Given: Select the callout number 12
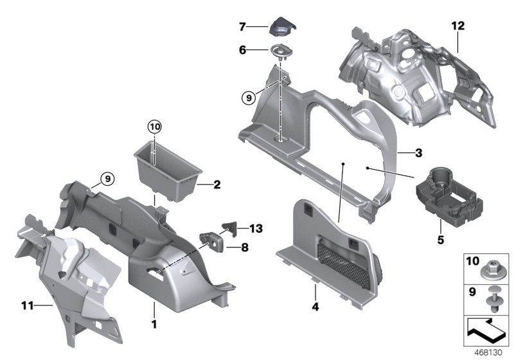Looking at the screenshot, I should click(x=457, y=26).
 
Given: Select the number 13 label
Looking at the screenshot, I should click(x=256, y=228).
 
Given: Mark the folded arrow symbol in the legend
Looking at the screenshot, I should click(x=486, y=333).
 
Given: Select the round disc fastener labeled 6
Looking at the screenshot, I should click(x=281, y=51).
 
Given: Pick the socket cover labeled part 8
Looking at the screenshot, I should click(x=211, y=240).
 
